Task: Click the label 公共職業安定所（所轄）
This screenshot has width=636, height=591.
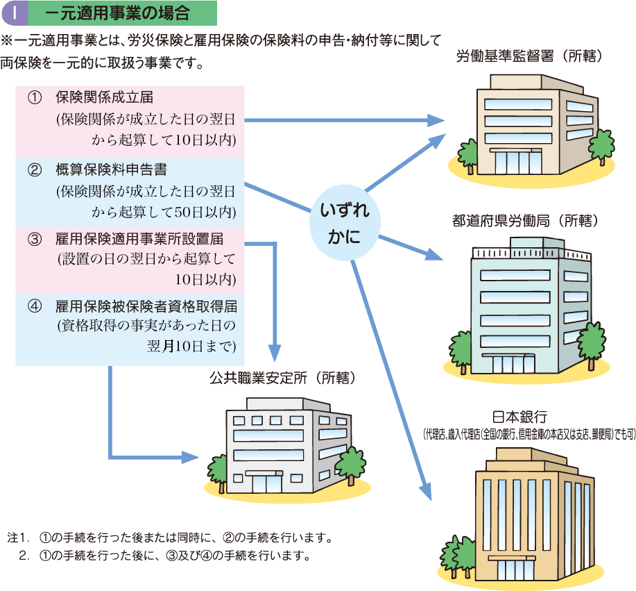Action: (282, 378)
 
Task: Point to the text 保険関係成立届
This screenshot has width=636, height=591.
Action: (104, 98)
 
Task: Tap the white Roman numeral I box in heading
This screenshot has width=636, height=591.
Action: (15, 13)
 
